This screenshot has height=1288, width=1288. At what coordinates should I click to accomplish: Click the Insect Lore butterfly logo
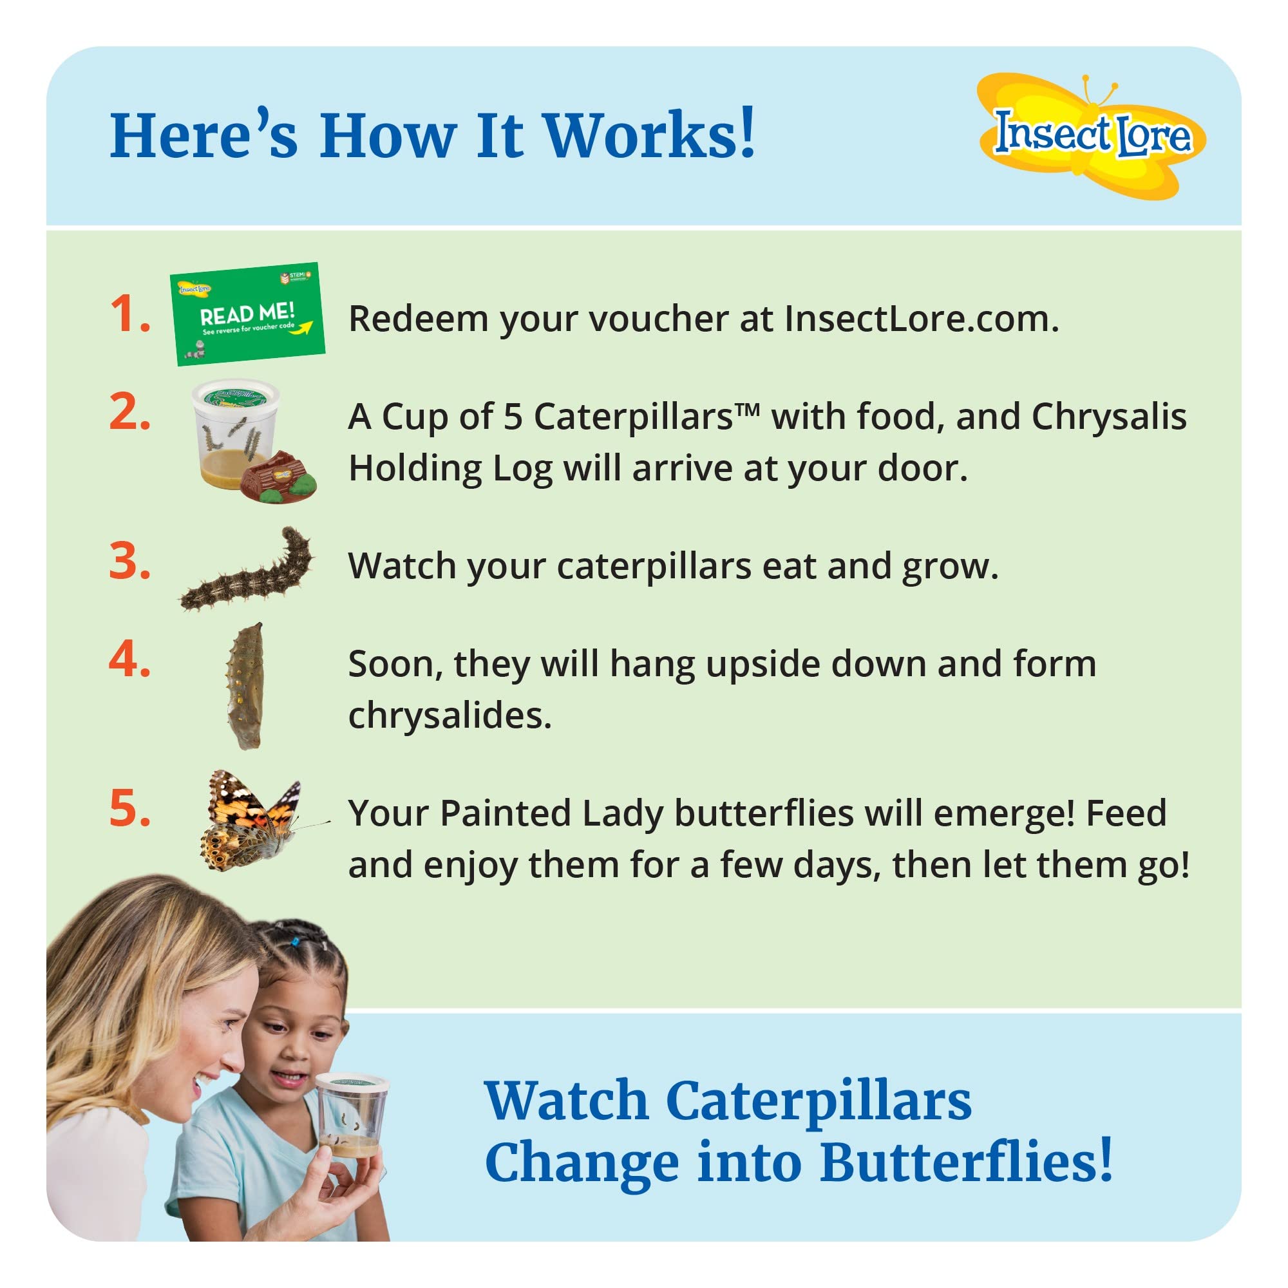pos(1091,135)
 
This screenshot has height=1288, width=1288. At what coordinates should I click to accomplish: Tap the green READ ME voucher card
pos(247,314)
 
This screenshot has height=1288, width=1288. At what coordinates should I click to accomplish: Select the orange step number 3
pos(129,562)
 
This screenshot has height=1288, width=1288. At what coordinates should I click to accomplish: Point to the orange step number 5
pos(129,809)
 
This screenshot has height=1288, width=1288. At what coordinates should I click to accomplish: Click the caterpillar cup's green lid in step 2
pos(234,396)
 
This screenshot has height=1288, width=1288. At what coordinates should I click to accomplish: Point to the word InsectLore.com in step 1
pos(921,319)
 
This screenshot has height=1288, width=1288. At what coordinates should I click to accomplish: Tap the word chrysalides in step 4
pos(450,716)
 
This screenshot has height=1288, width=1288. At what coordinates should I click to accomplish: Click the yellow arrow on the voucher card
pos(303,327)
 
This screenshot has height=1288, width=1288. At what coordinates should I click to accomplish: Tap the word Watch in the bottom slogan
pos(567,1101)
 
